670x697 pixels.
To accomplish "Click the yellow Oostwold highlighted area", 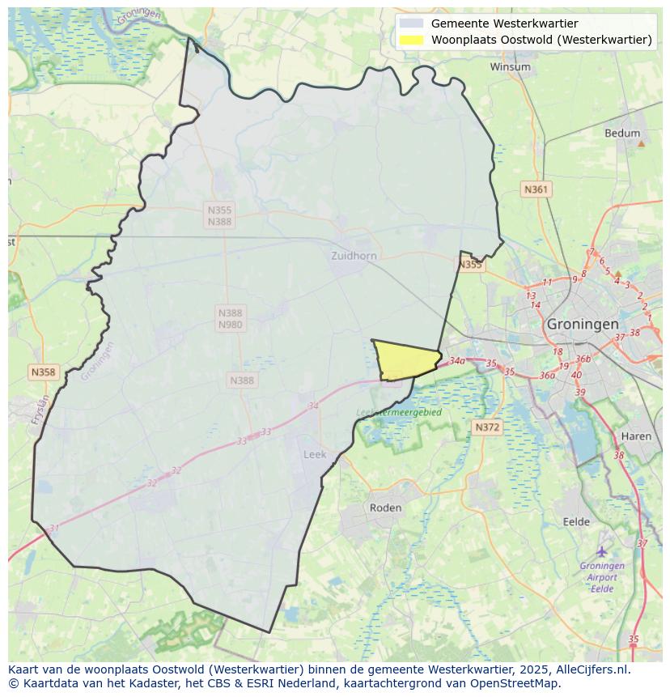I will (x=405, y=359).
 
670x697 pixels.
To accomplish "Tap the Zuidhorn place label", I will (x=354, y=256).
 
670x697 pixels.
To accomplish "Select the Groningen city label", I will (x=583, y=323).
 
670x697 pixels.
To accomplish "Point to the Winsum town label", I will (x=510, y=67).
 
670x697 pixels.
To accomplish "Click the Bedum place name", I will (x=622, y=134).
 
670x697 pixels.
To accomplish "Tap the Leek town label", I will (x=315, y=455).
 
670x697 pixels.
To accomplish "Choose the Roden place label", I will (x=385, y=508).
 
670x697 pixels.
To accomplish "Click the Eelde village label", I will (x=576, y=522).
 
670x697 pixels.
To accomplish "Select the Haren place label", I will (x=636, y=436).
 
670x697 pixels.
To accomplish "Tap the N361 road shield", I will (x=536, y=189).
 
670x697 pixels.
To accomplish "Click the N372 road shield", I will (x=487, y=427).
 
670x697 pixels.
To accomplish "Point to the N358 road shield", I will (x=43, y=372).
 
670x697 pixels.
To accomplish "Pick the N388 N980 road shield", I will (x=230, y=319).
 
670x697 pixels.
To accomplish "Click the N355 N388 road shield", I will (x=219, y=215).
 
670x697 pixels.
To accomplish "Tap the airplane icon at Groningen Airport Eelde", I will (x=602, y=551).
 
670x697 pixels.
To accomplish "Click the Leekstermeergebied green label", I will (x=399, y=412).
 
